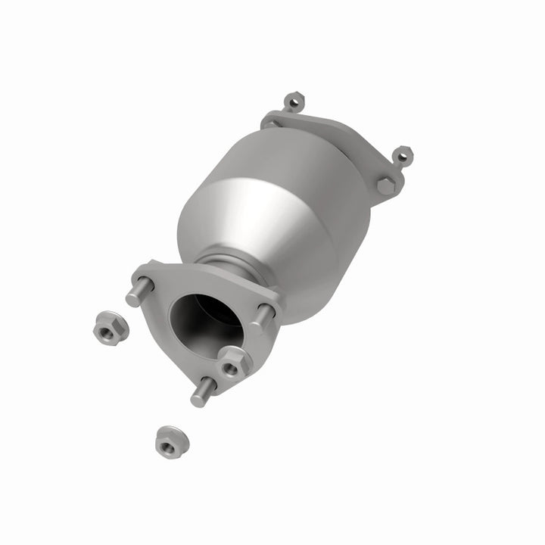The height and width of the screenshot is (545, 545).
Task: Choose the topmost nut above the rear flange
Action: click(x=294, y=102)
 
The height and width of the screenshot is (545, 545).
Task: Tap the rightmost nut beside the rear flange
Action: click(x=402, y=155)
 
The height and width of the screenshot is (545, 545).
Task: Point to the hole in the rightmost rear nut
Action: click(x=403, y=155)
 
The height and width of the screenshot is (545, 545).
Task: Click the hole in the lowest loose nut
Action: click(x=167, y=443)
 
